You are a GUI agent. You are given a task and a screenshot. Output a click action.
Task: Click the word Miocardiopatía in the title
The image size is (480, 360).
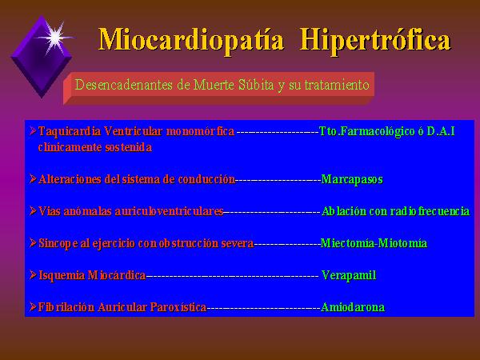[191, 41]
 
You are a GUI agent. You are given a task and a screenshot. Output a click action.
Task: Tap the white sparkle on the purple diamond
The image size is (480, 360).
[55, 38]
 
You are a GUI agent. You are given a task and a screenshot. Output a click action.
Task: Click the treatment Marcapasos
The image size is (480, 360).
[352, 179]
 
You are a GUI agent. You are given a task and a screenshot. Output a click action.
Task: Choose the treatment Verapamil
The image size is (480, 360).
[349, 275]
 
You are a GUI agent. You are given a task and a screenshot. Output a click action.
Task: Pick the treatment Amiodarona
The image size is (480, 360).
[353, 307]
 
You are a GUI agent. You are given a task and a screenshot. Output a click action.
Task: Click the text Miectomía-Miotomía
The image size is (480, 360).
[374, 243]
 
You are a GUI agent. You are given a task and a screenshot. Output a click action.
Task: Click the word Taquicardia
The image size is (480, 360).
[70, 131]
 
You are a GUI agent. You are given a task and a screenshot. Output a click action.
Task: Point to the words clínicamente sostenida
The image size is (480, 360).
[95, 147]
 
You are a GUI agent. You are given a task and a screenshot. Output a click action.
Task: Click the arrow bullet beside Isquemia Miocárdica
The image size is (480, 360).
[33, 274]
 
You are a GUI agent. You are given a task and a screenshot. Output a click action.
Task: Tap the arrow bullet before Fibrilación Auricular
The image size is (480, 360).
[33, 306]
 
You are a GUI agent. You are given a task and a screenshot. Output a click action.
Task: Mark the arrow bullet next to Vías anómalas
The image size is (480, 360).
[33, 210]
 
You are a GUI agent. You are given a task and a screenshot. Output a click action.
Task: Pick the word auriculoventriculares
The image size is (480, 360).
[169, 211]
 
